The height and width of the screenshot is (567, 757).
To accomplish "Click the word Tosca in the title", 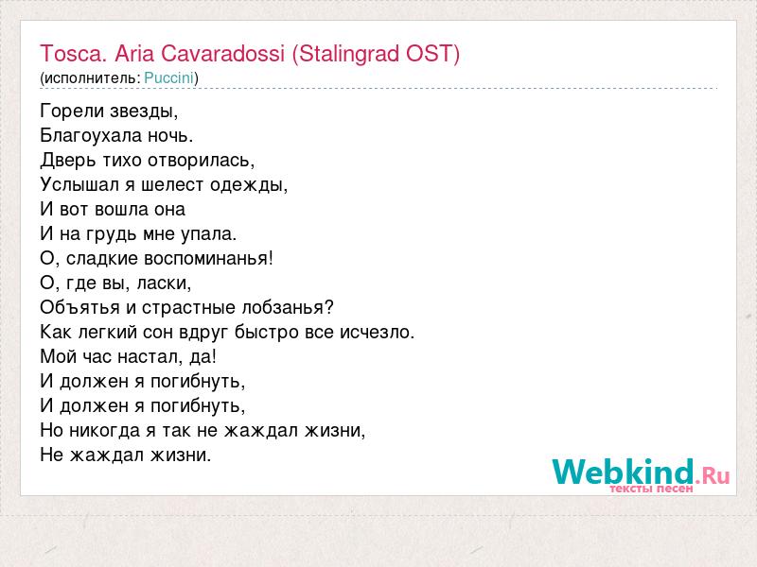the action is pyautogui.click(x=72, y=53).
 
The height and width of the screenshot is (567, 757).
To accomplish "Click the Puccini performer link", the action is pyautogui.click(x=169, y=78).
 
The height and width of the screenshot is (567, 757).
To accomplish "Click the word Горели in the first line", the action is pyautogui.click(x=72, y=112).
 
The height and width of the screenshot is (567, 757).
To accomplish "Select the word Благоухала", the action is pyautogui.click(x=91, y=136).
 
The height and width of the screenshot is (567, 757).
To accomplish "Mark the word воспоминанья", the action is pyautogui.click(x=208, y=258).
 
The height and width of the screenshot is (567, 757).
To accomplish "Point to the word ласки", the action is pyautogui.click(x=164, y=283).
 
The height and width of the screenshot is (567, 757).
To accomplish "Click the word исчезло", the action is pyautogui.click(x=377, y=333).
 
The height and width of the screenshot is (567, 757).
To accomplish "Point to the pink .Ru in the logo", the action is pyautogui.click(x=713, y=477).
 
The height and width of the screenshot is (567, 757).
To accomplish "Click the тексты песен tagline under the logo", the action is pyautogui.click(x=651, y=489).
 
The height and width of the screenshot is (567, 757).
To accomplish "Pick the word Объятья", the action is pyautogui.click(x=80, y=308).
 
